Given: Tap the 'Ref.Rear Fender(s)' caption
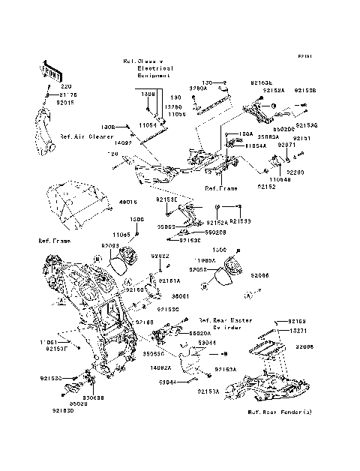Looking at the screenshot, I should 280,412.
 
